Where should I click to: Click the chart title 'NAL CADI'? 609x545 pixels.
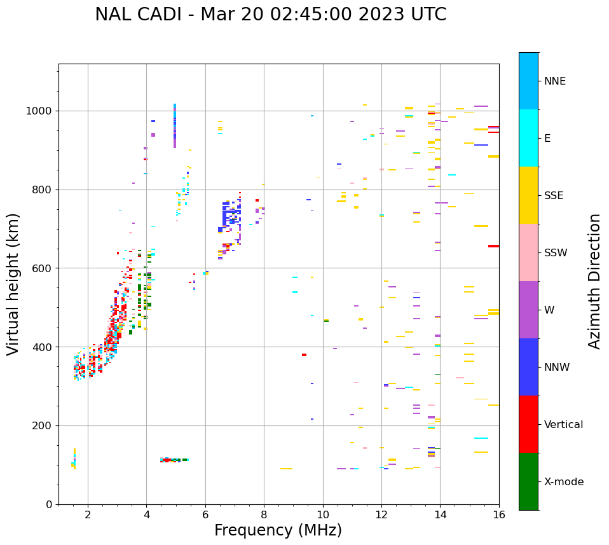(x=140, y=15)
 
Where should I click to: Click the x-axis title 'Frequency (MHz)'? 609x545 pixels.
(x=278, y=530)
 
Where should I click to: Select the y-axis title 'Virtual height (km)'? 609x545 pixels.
(x=13, y=284)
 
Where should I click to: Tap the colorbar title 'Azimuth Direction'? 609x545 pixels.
(x=594, y=281)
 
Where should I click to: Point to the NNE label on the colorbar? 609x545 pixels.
(x=554, y=81)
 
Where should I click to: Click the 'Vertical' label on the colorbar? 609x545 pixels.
(x=563, y=425)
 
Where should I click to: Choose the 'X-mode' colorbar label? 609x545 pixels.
(x=564, y=482)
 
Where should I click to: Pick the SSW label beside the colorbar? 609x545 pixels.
(x=556, y=253)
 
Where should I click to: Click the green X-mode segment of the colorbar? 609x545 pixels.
(x=528, y=481)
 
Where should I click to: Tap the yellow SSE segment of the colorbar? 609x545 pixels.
(x=528, y=195)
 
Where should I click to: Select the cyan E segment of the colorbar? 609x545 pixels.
(x=528, y=138)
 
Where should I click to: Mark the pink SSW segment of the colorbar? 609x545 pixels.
(x=528, y=252)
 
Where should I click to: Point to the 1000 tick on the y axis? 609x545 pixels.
(x=39, y=111)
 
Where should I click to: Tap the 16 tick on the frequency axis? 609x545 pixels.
(x=499, y=514)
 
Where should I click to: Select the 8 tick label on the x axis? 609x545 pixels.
(x=264, y=514)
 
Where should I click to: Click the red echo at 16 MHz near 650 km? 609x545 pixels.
(x=493, y=246)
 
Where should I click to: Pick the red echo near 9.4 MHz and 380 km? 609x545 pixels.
(x=304, y=355)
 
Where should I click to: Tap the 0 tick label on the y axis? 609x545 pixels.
(x=49, y=504)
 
